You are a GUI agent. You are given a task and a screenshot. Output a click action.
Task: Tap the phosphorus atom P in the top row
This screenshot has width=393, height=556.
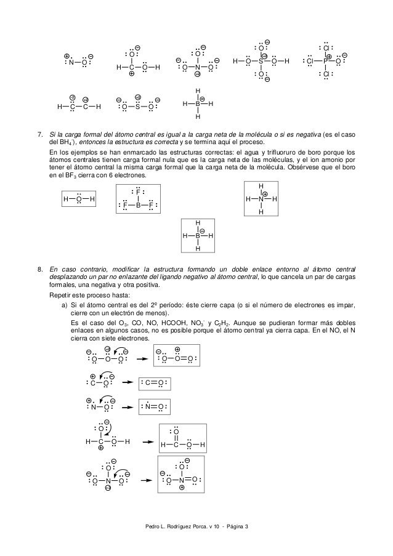click(325, 61)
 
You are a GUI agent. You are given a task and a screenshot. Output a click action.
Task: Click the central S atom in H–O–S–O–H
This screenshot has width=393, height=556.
click(261, 61)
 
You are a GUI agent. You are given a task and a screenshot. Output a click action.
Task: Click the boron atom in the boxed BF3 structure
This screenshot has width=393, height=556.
click(139, 205)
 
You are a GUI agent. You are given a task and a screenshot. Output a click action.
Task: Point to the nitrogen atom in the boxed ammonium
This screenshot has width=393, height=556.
click(261, 199)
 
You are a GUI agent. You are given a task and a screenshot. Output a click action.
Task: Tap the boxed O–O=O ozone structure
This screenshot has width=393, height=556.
click(177, 358)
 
